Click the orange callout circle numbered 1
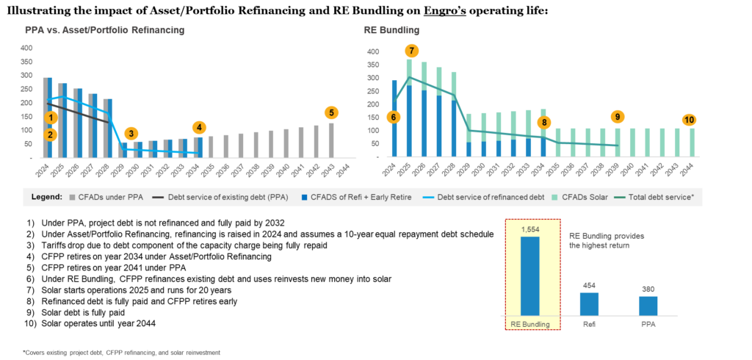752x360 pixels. point(51,118)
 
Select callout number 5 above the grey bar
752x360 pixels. point(331,113)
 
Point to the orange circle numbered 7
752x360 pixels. point(411,51)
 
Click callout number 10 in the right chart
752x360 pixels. point(689,120)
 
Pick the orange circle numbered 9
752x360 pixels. point(617,118)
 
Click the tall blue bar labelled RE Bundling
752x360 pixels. point(529,276)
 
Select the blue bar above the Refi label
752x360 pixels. point(589,303)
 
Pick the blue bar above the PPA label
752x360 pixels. point(648,305)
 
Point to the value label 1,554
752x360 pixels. point(529,230)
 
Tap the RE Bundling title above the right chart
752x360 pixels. point(391,31)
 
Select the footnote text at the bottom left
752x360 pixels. point(123,353)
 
